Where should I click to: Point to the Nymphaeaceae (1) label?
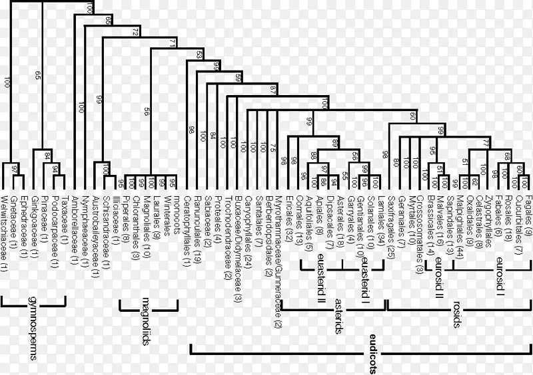(x=85, y=219)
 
